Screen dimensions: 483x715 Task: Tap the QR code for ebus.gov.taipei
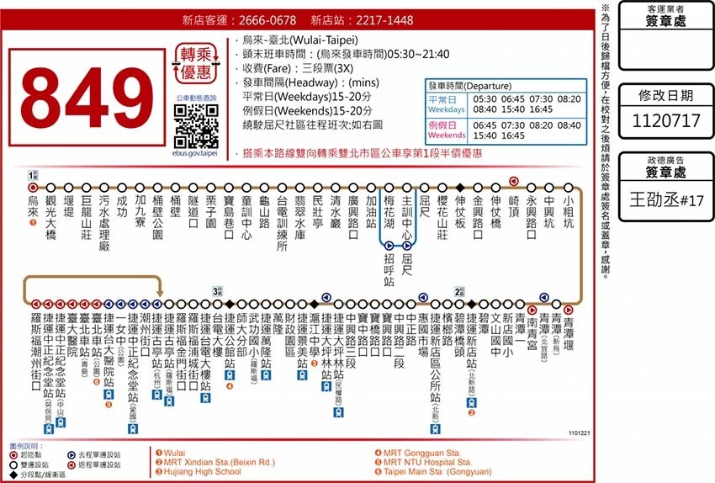click(x=196, y=126)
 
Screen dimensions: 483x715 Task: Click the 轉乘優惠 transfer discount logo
click(x=196, y=61)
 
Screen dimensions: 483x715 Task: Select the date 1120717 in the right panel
click(x=665, y=121)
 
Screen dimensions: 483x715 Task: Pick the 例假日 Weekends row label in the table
click(x=445, y=130)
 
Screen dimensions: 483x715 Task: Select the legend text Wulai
click(x=174, y=451)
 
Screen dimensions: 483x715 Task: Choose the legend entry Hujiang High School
click(x=202, y=472)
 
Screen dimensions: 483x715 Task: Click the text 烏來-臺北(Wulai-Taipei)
click(x=299, y=40)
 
